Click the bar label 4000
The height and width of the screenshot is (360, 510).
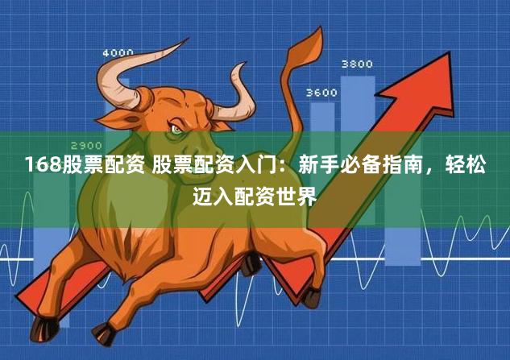click(x=118, y=53)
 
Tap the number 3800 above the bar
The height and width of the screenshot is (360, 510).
click(x=357, y=64)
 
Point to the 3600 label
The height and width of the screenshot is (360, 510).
click(x=321, y=93)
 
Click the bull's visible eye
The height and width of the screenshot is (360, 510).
click(x=176, y=129)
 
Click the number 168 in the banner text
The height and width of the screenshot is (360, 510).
click(x=37, y=167)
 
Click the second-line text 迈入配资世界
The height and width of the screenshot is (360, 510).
click(x=255, y=194)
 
